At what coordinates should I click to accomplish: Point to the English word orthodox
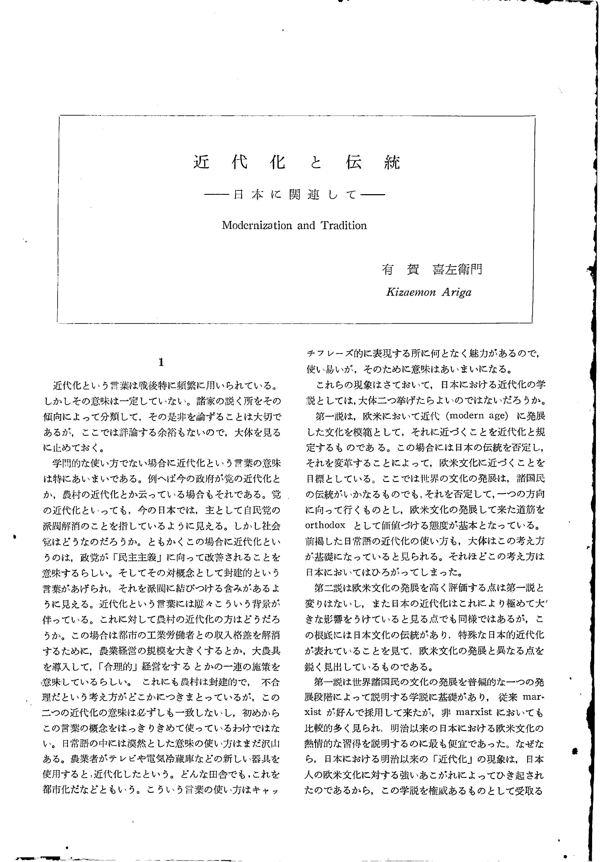(325, 525)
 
